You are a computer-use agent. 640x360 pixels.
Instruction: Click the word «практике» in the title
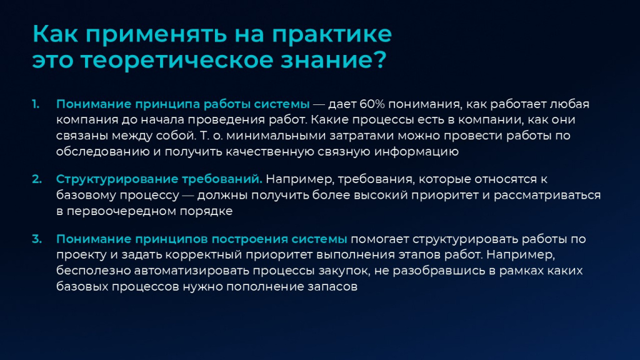point(331,35)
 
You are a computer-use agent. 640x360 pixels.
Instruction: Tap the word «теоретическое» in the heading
point(177,60)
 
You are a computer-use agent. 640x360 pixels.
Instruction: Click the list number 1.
point(36,104)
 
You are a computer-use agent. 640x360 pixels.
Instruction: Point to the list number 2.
point(37,179)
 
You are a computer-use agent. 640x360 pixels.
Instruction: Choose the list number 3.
point(37,239)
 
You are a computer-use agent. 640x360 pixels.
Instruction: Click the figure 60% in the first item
point(372,104)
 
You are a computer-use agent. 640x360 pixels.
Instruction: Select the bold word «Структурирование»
point(117,179)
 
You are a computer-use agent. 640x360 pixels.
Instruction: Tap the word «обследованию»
point(103,152)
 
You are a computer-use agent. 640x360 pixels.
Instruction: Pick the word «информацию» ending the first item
point(416,152)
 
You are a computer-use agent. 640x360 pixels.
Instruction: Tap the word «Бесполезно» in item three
point(94,271)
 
